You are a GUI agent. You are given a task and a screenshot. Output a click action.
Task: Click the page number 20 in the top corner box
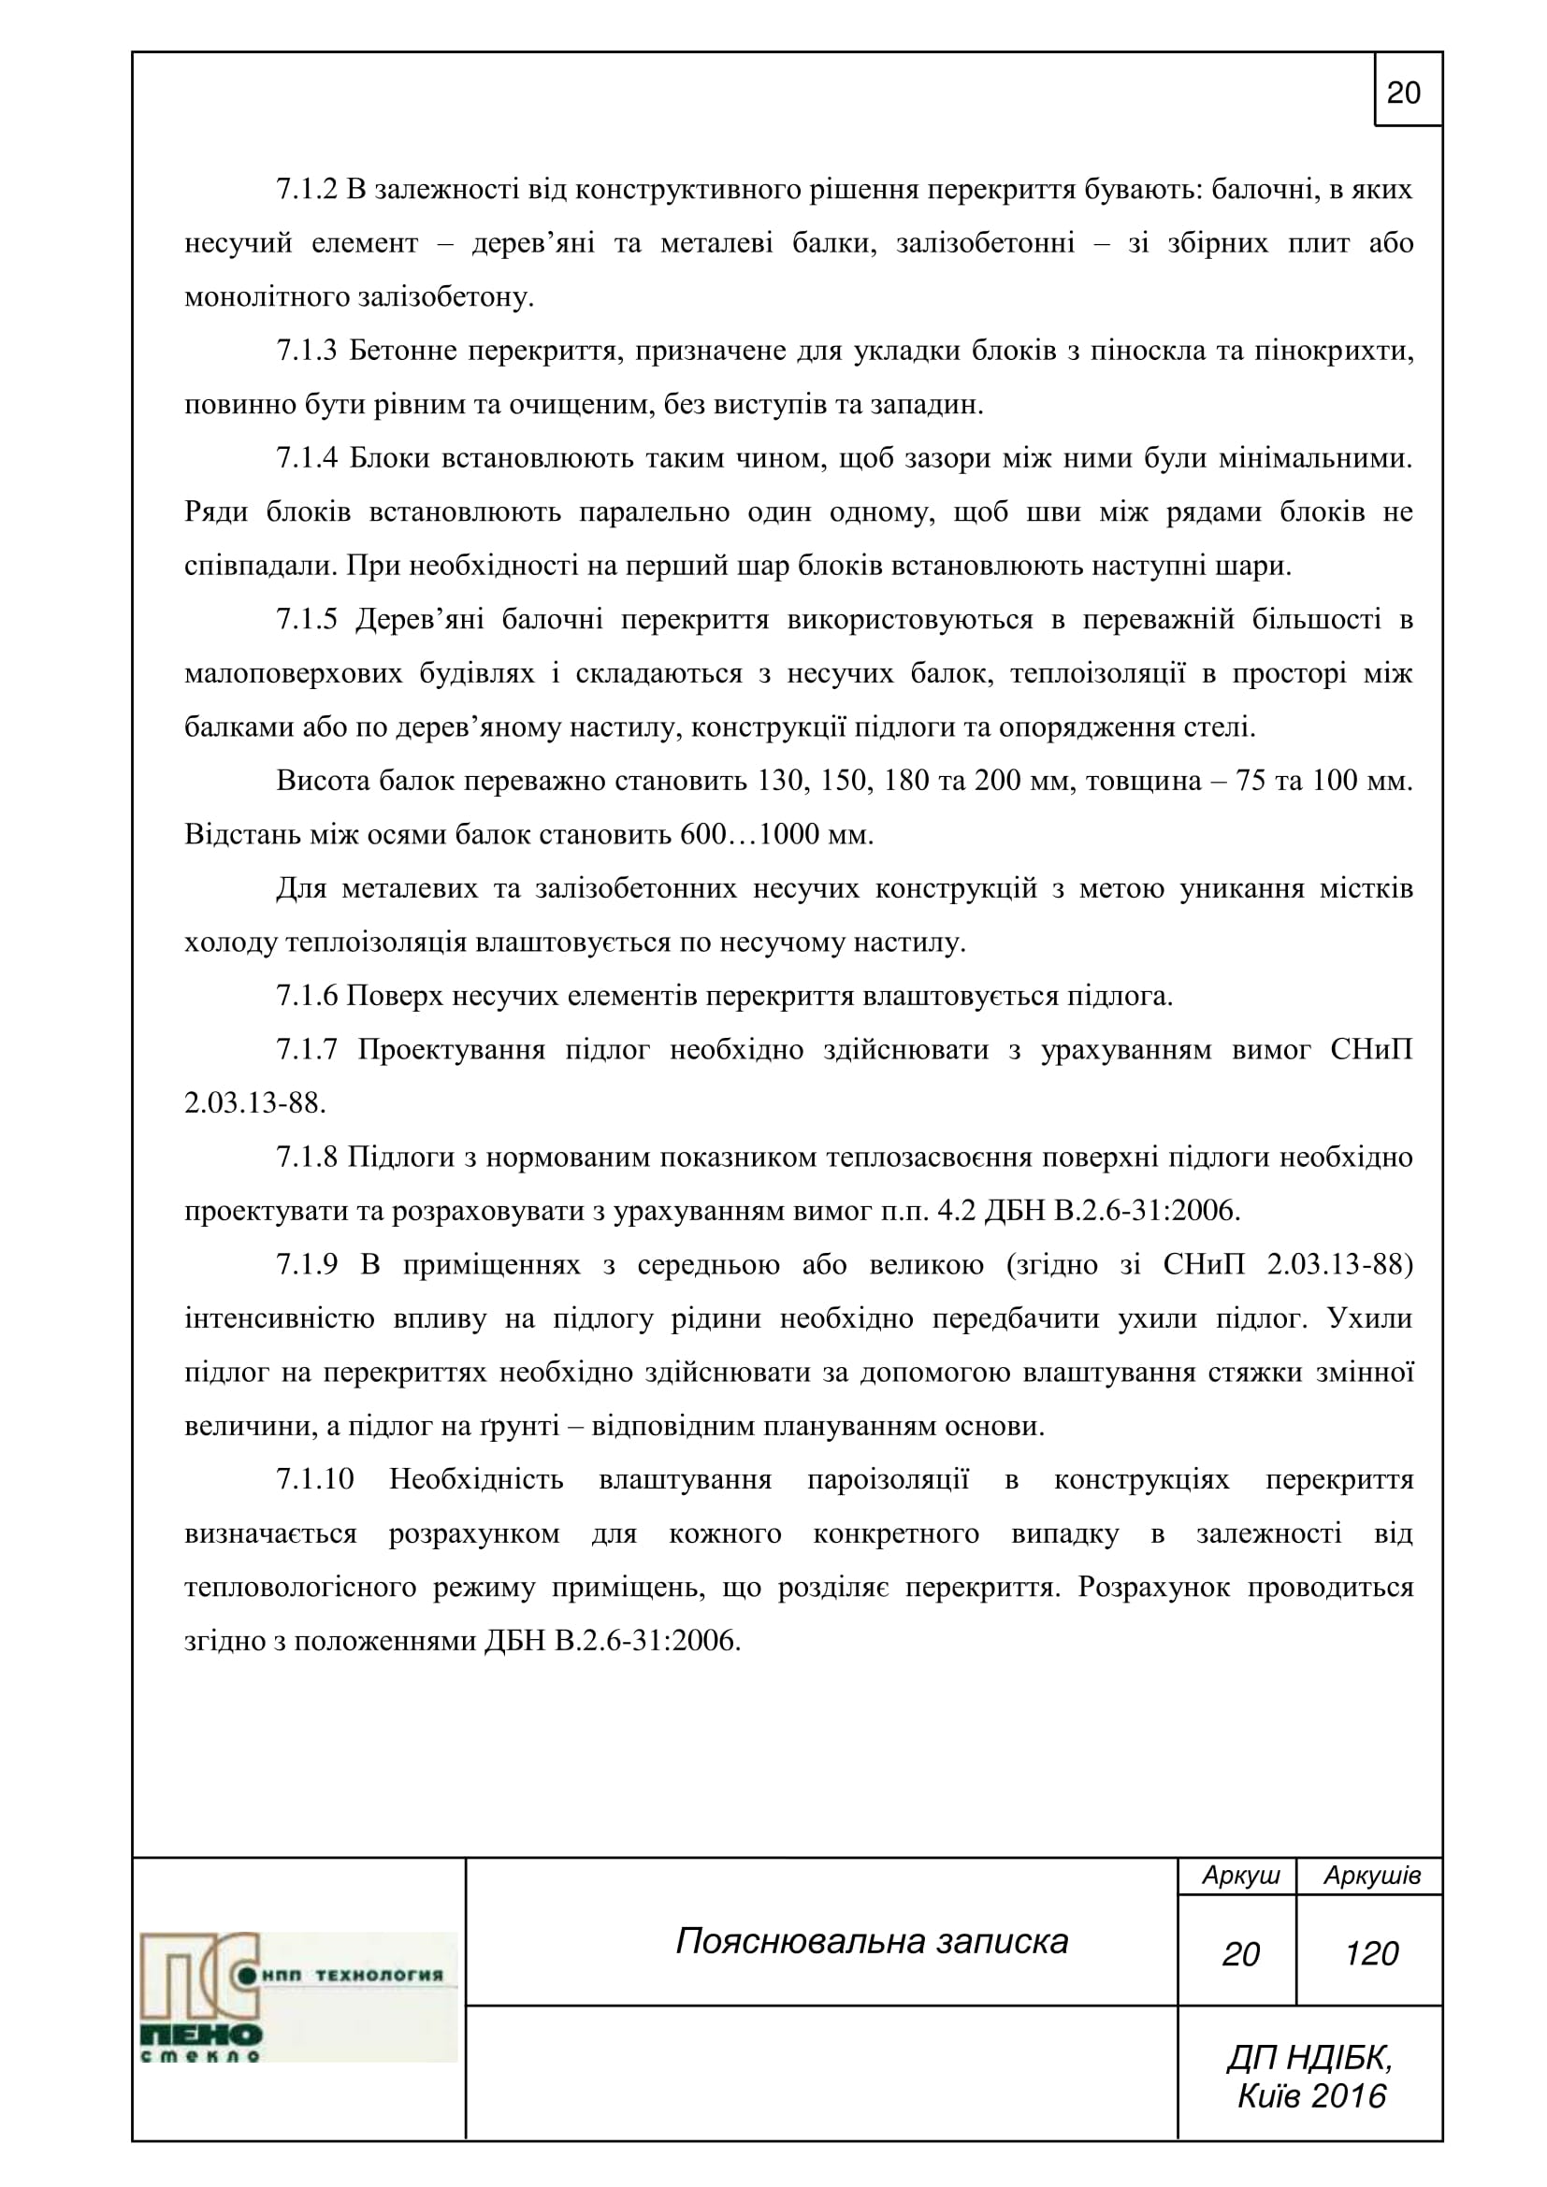tap(1403, 93)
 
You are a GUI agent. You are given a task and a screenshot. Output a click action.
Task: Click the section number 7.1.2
tap(307, 190)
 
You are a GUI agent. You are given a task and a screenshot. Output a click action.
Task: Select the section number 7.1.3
tap(307, 352)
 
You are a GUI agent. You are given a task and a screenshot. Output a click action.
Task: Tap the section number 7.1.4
tap(307, 458)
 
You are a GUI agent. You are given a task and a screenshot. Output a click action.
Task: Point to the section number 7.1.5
tap(307, 620)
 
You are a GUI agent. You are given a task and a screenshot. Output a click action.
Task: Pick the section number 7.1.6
tap(307, 997)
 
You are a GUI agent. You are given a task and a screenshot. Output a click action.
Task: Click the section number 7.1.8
tap(307, 1158)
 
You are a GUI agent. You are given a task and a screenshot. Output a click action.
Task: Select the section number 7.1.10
tap(314, 1479)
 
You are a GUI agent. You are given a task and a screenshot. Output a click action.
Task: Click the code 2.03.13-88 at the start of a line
tap(254, 1104)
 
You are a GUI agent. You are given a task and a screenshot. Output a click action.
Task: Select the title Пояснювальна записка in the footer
tap(872, 1940)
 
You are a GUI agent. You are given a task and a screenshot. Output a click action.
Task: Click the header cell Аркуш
tap(1240, 1876)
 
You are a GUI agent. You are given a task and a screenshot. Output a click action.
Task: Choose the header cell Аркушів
tap(1372, 1876)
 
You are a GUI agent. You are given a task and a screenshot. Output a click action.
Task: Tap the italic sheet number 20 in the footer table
tap(1240, 1953)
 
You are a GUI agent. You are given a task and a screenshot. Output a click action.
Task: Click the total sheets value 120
tap(1371, 1953)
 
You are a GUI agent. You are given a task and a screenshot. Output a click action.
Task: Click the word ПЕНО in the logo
tap(201, 2036)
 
